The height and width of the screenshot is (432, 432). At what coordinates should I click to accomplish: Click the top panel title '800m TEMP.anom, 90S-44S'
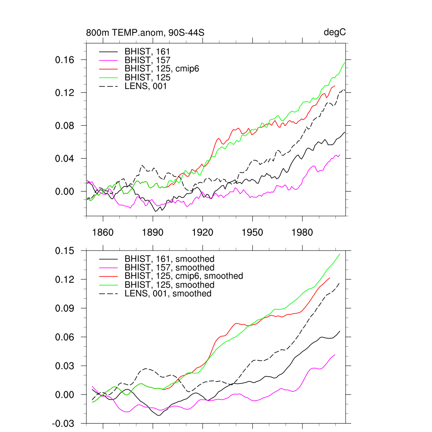(x=145, y=33)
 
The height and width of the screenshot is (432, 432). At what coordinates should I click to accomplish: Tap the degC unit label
(x=335, y=33)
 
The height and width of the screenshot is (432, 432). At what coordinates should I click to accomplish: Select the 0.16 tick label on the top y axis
(x=65, y=60)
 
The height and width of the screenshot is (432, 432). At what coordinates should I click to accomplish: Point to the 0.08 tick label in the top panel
(x=65, y=126)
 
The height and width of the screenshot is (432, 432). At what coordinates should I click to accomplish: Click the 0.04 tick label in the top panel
(x=65, y=159)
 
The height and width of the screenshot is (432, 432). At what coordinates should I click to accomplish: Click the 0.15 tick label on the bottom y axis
(x=65, y=251)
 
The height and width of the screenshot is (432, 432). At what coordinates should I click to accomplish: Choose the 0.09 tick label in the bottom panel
(x=65, y=308)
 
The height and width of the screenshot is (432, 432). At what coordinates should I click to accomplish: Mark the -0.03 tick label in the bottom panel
(x=63, y=424)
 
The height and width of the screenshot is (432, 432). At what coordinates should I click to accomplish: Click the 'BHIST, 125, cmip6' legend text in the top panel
(x=162, y=69)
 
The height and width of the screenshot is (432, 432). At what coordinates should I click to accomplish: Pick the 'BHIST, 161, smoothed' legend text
(x=170, y=259)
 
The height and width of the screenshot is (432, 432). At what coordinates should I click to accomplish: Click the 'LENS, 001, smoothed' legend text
(x=168, y=294)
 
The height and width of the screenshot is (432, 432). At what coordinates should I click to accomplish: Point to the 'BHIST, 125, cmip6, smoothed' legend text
(x=184, y=276)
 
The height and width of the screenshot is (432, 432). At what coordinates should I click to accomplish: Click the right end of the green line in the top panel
(x=345, y=62)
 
